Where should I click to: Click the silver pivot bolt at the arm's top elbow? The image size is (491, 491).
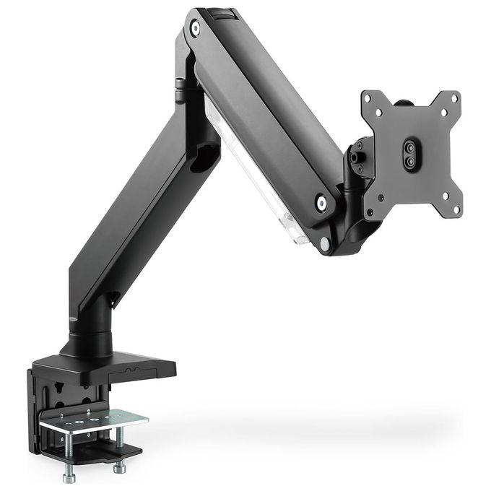click(x=196, y=28)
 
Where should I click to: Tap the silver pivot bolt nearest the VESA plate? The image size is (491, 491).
click(x=322, y=204)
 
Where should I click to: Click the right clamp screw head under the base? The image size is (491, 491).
click(x=118, y=469)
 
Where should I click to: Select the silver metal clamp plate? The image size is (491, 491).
click(x=94, y=420)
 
